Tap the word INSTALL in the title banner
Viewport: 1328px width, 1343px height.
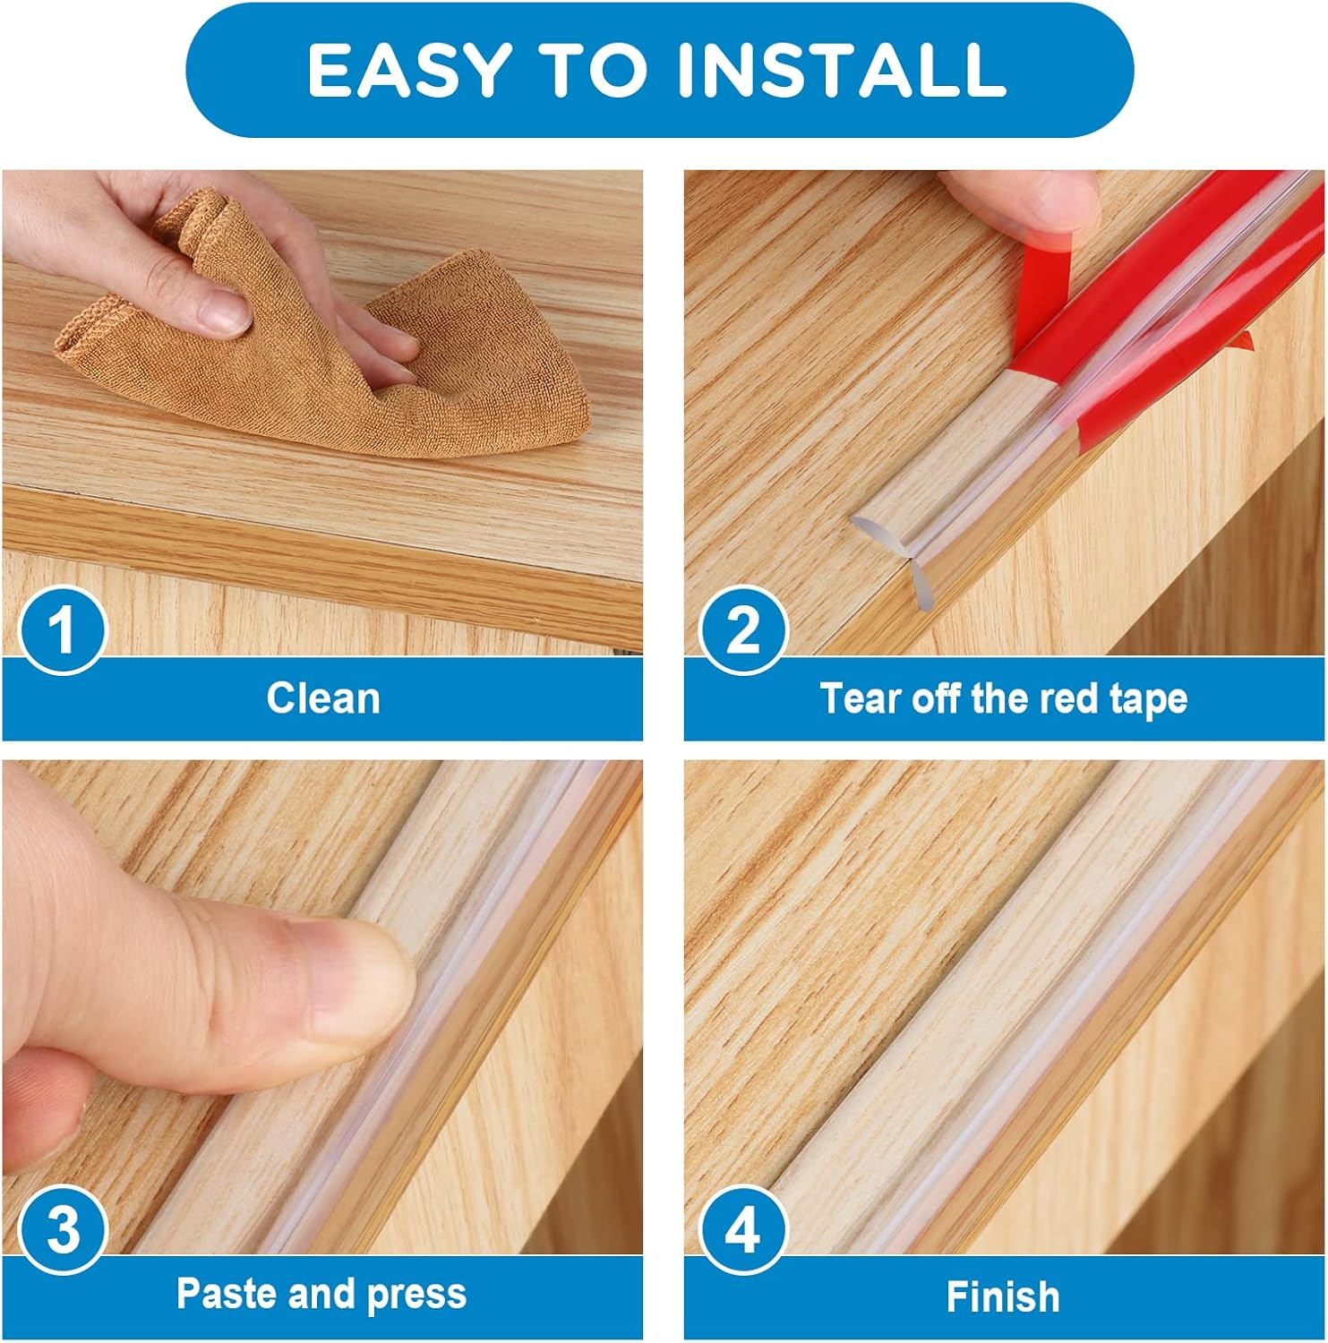tap(841, 70)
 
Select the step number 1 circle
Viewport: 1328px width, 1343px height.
tap(62, 629)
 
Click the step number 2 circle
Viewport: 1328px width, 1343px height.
tap(742, 629)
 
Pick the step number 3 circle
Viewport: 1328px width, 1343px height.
tap(62, 1230)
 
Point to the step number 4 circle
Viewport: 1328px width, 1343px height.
tap(742, 1230)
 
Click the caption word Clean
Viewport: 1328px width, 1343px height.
tap(322, 698)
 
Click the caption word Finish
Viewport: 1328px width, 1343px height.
tap(1002, 1296)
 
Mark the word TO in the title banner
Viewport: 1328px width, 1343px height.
tap(595, 70)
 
